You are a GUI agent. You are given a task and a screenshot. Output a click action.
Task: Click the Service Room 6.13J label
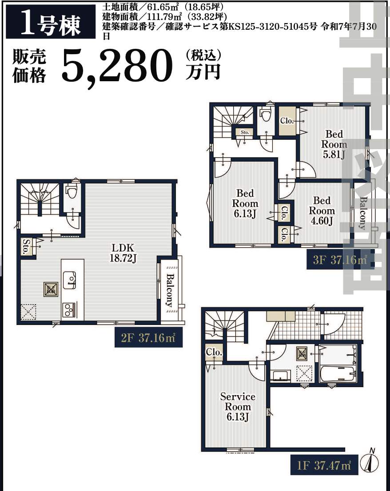pos(238,407)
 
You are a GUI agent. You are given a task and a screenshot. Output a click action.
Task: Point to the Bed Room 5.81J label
pos(334,144)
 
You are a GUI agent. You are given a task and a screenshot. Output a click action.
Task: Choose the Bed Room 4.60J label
pos(322,211)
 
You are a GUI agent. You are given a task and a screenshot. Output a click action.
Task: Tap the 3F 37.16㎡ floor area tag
pos(340,260)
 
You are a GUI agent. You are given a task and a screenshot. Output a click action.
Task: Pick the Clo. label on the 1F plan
pos(214,352)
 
